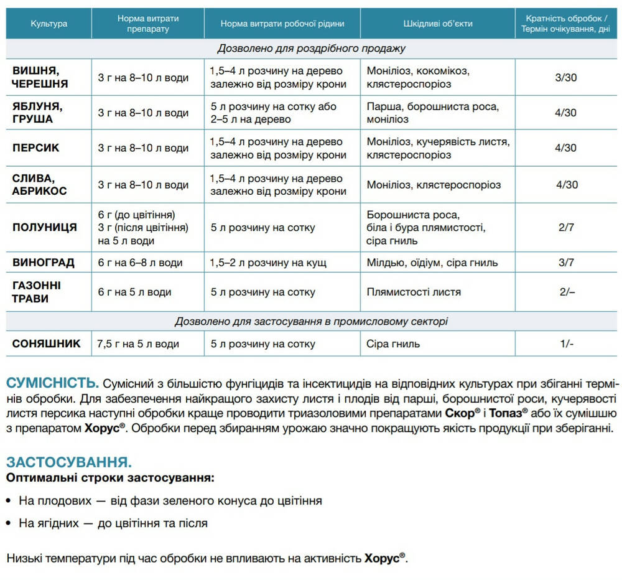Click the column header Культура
49,24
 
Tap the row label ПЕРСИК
36,148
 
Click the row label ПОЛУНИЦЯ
45,227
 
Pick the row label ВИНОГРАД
44,263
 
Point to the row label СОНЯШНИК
47,344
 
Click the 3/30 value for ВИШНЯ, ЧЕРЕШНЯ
566,78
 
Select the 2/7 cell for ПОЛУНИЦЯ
566,227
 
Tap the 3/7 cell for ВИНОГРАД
566,263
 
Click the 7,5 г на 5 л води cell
138,344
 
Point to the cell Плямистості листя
414,292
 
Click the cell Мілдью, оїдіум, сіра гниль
432,263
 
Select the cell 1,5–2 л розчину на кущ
268,263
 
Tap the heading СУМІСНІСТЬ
52,381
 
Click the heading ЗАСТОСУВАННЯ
68,462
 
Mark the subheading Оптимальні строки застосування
109,478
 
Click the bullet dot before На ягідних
10,524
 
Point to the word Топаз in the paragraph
506,413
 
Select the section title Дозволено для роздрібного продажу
311,48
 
